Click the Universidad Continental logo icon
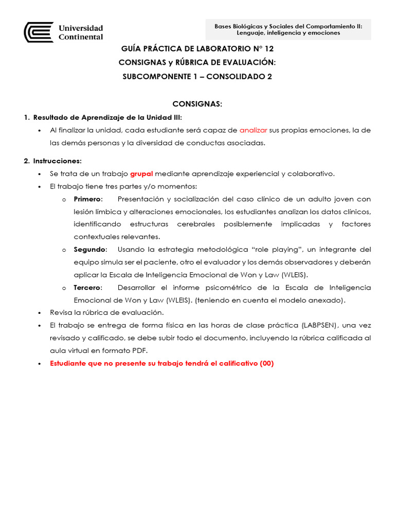click(x=39, y=32)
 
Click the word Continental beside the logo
click(x=81, y=37)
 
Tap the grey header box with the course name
click(x=288, y=29)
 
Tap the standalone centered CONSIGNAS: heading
click(x=197, y=104)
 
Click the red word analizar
click(x=253, y=130)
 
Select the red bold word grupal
click(x=141, y=174)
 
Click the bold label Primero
click(x=88, y=199)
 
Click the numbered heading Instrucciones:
click(x=57, y=161)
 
